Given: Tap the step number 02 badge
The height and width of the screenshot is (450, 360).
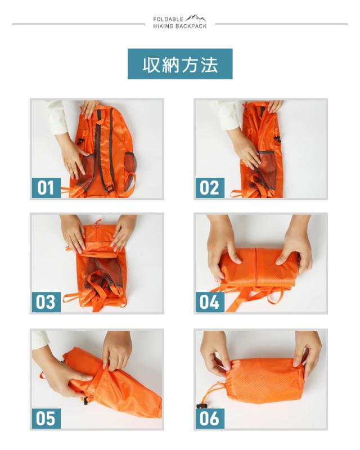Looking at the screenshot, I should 209,187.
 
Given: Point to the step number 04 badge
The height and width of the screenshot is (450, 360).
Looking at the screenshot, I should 209,302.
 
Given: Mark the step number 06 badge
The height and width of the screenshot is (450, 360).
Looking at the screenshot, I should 209,418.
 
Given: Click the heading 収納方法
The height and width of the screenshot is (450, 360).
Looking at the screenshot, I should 180,64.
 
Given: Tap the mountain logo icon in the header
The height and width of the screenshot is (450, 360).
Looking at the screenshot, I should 196,19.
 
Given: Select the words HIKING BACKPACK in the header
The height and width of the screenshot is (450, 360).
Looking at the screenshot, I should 180,26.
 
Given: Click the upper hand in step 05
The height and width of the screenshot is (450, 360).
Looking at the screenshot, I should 117,349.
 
